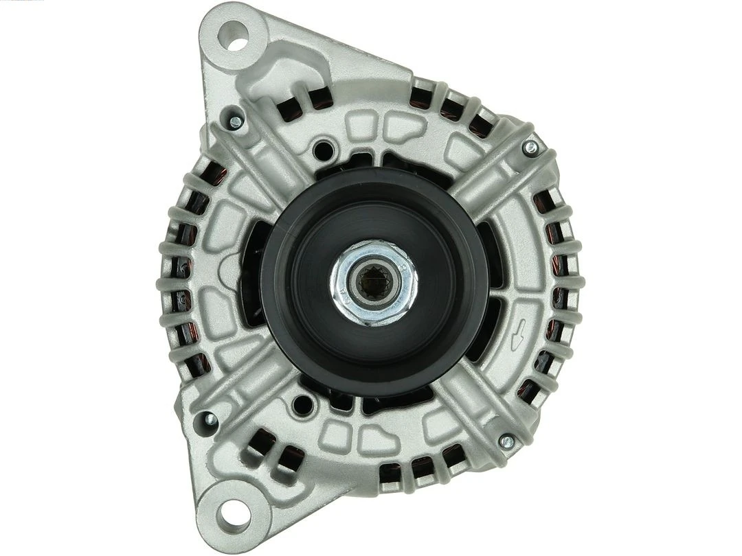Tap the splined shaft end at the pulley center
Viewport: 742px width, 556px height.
click(x=372, y=282)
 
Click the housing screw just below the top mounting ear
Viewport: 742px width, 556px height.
click(x=236, y=122)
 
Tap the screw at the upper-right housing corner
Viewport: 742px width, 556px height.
click(x=530, y=147)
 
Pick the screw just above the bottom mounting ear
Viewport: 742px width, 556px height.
click(x=206, y=419)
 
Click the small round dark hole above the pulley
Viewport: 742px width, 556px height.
click(x=320, y=149)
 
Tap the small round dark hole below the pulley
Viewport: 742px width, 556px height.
click(x=300, y=406)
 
